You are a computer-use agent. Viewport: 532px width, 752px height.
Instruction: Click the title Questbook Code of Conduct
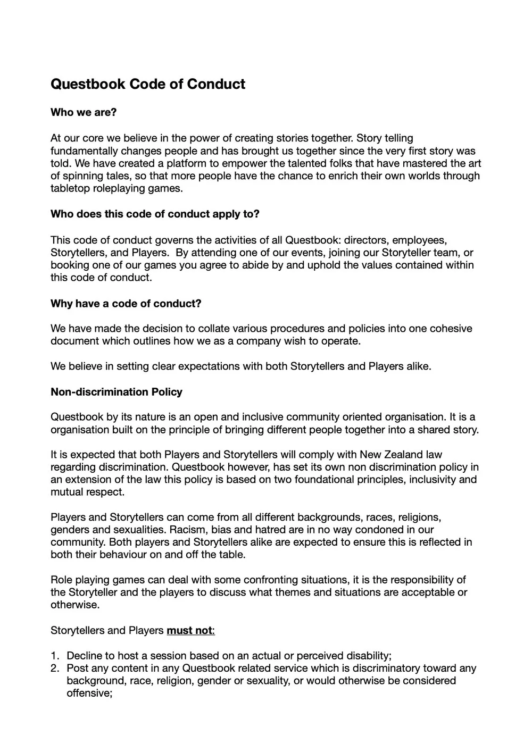[x=148, y=84]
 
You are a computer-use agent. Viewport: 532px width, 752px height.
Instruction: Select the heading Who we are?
[x=84, y=112]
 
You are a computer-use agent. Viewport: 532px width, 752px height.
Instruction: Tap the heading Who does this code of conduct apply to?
[x=155, y=214]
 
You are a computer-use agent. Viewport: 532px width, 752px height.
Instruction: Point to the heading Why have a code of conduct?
[x=126, y=303]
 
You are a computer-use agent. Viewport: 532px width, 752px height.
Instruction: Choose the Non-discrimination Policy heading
[x=117, y=392]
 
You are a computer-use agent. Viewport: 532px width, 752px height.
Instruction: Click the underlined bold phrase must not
[x=189, y=630]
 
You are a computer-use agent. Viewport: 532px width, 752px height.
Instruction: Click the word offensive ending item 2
[x=88, y=693]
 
